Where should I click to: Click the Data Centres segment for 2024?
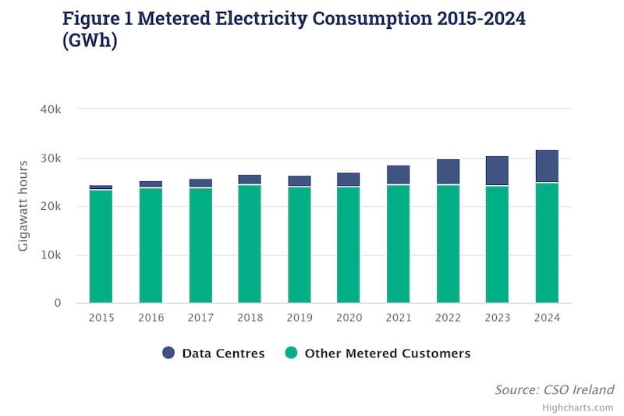[547, 165]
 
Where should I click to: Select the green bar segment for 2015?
[101, 246]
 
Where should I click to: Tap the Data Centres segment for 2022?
[448, 171]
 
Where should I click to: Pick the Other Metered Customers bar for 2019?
[299, 244]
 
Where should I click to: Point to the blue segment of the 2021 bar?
[398, 174]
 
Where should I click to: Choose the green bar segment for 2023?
[497, 244]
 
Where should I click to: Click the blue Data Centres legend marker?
[168, 353]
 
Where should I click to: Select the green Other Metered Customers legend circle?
[291, 353]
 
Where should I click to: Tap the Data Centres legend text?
[223, 354]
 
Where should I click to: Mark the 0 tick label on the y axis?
[57, 303]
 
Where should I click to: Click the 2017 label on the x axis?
[200, 318]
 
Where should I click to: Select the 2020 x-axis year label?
[349, 318]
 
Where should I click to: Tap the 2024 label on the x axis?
[547, 318]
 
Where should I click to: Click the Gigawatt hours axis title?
[23, 205]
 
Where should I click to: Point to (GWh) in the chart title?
[90, 41]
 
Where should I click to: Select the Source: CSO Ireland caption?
[554, 389]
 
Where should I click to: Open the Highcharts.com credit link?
[577, 407]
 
